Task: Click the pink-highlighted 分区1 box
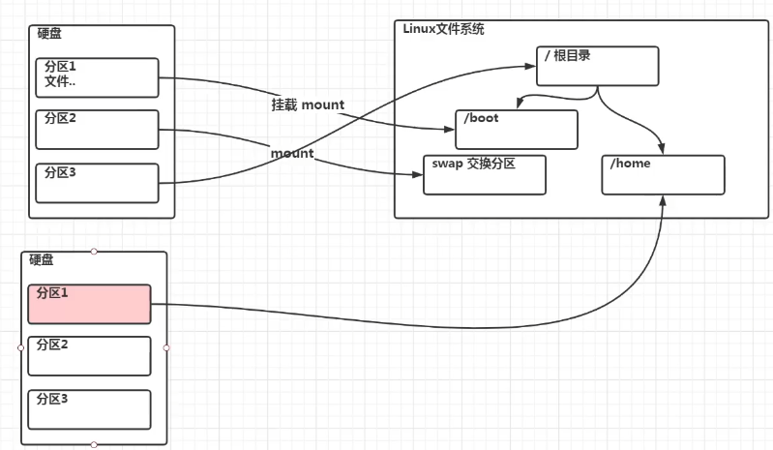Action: [89, 304]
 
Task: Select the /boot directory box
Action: [517, 130]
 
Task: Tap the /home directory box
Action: [663, 175]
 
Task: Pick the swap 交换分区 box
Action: [485, 175]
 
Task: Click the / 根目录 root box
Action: [598, 66]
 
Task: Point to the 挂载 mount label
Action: [308, 105]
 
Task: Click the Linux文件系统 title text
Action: [443, 29]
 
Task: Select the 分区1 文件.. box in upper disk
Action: [97, 77]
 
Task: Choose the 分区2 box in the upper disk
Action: [97, 130]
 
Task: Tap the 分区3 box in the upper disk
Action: [97, 183]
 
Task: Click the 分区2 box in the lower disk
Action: [89, 356]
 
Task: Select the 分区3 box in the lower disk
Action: [89, 409]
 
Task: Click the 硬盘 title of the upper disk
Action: [49, 33]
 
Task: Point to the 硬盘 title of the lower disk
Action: [42, 259]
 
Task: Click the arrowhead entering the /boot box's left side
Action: [450, 129]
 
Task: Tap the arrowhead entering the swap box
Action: [418, 174]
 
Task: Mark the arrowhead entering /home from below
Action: [663, 200]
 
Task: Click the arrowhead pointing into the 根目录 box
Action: [531, 66]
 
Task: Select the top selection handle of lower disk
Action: [94, 252]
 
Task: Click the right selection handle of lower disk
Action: [166, 347]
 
